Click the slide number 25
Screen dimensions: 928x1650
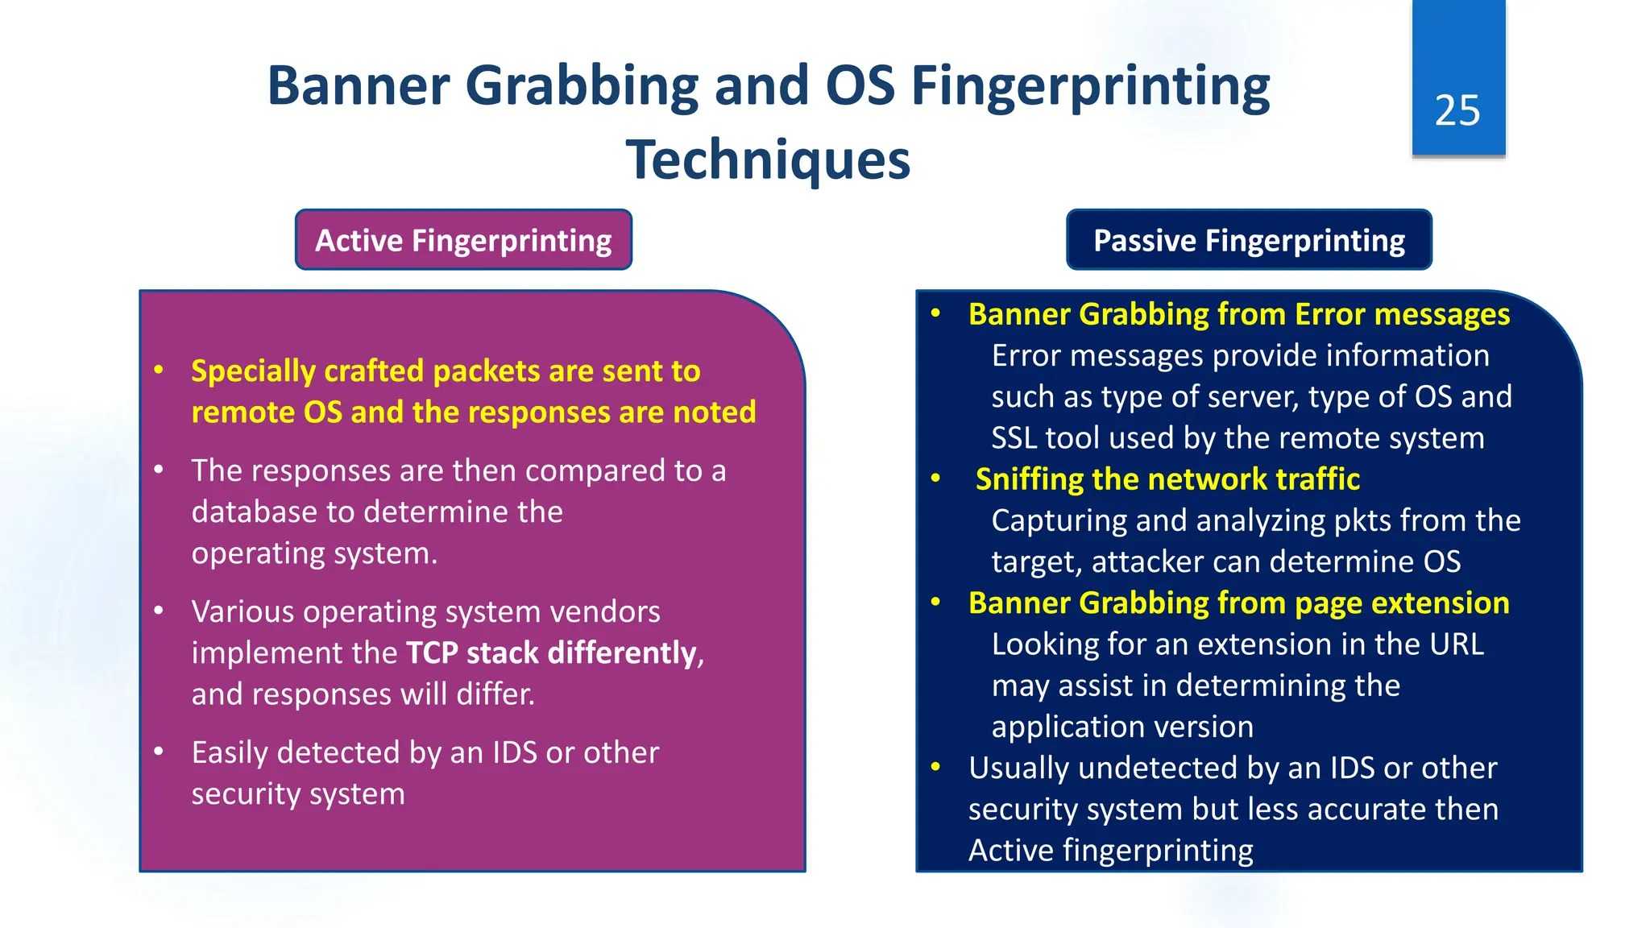[x=1457, y=110]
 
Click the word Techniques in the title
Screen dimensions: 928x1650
[x=768, y=159]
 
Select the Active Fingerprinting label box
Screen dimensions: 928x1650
[x=463, y=240]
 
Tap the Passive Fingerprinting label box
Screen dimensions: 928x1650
[x=1249, y=240]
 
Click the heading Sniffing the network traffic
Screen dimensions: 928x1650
[x=1167, y=479]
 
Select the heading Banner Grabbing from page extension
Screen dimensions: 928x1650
[x=1238, y=603]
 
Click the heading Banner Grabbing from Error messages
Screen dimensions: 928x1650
[x=1238, y=314]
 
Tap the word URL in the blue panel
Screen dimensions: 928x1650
[x=1457, y=644]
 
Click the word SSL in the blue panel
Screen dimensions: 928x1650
[x=1014, y=438]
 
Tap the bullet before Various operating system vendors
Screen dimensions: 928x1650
[x=159, y=611]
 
